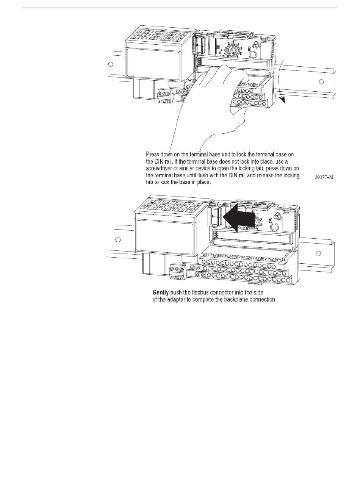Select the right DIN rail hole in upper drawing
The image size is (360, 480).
321,81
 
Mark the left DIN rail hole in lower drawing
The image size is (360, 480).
118,239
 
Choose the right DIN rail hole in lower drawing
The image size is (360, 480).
318,253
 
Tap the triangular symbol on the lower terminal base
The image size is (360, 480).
278,216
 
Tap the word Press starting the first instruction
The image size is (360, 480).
153,155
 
